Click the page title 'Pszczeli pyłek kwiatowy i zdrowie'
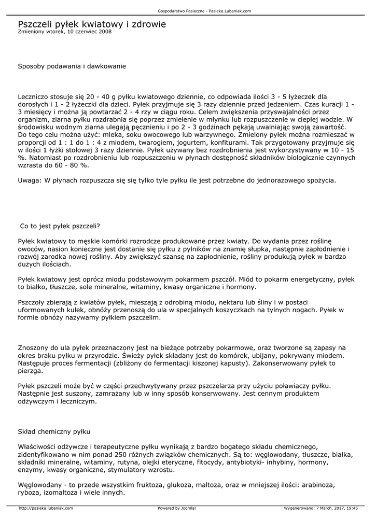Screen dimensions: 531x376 pos(92,24)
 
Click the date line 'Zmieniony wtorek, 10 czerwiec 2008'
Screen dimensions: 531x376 pos(64,32)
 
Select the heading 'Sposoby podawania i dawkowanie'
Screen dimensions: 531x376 pos(72,66)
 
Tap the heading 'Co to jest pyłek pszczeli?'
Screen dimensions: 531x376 pos(60,226)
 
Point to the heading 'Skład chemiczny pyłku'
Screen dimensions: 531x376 pos(54,431)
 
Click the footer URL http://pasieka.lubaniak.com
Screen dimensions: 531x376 pos(44,508)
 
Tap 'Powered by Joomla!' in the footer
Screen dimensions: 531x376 pos(176,508)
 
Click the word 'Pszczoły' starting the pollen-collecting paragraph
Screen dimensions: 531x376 pos(33,302)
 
